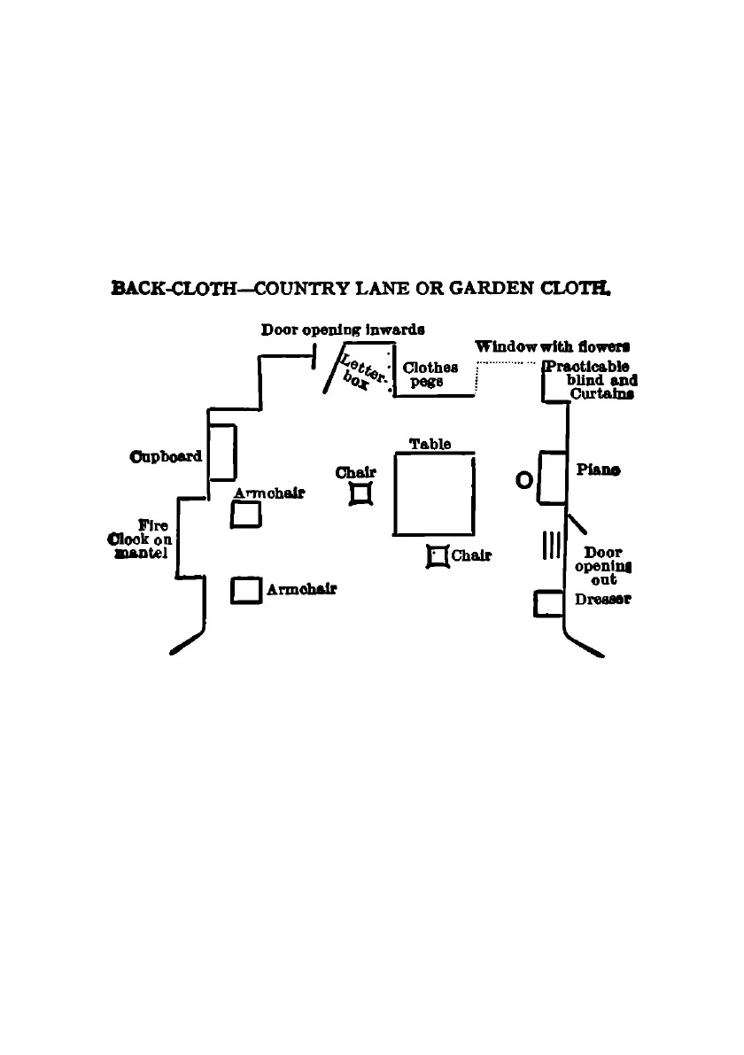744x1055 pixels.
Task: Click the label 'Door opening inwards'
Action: coord(343,330)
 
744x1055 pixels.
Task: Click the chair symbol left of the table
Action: coord(362,493)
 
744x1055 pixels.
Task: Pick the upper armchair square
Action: coord(245,514)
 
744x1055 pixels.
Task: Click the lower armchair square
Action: coord(245,590)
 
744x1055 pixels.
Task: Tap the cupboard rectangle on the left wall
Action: coord(221,452)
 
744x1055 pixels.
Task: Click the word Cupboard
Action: coord(166,457)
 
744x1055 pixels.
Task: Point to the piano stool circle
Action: coord(523,479)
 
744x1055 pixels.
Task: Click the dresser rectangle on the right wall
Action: coord(550,603)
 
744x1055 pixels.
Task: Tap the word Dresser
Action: coord(602,600)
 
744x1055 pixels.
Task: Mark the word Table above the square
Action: coord(430,444)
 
